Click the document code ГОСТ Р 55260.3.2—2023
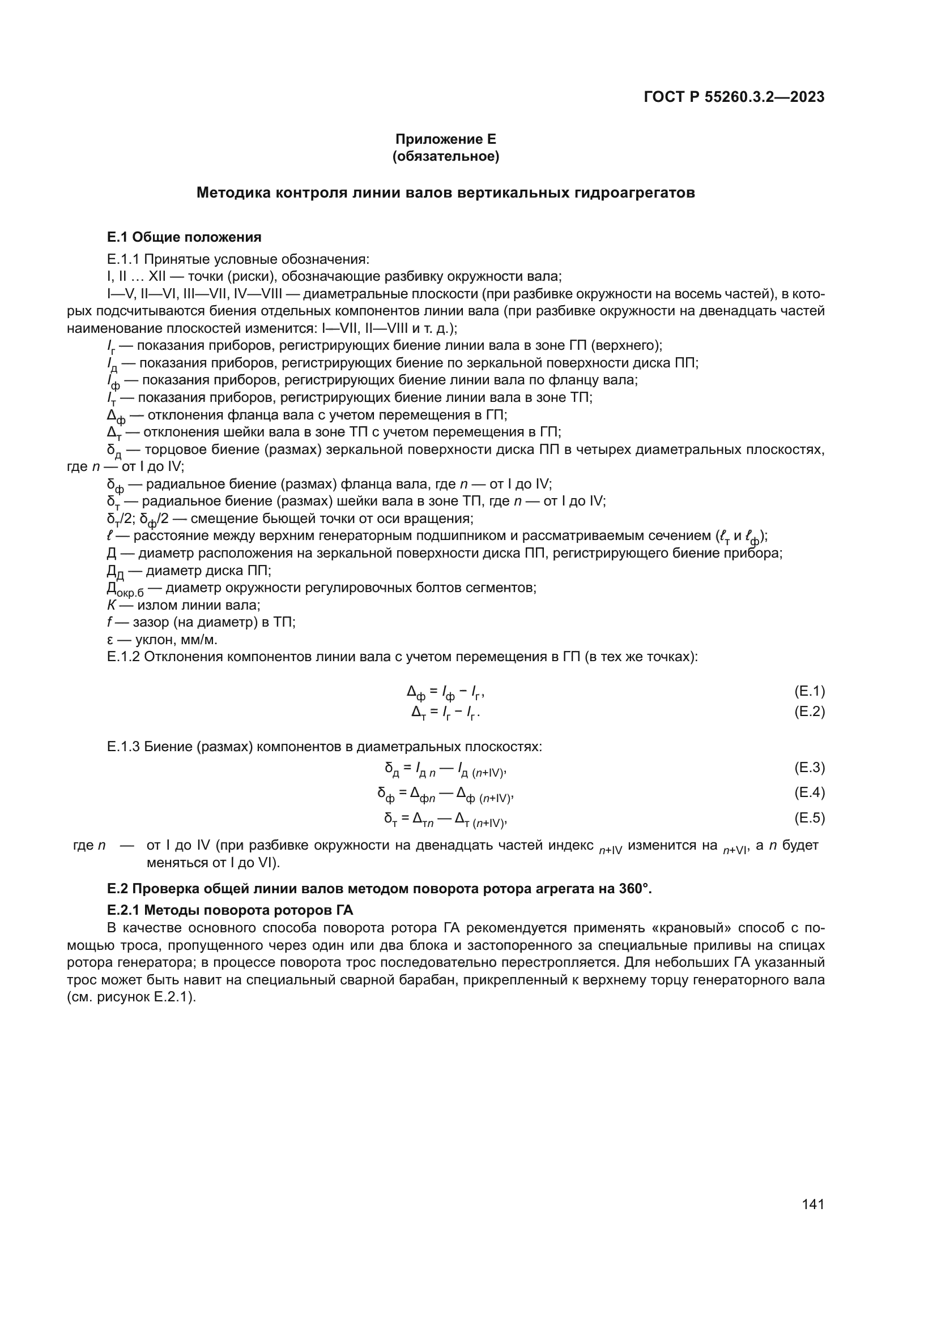click(734, 97)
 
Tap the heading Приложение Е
click(445, 139)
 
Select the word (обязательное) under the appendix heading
click(445, 156)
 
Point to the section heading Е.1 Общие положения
click(184, 237)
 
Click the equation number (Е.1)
click(810, 691)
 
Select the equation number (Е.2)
click(810, 711)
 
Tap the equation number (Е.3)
click(810, 768)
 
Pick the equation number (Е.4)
click(810, 792)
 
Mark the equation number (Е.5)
click(810, 818)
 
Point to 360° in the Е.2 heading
click(633, 889)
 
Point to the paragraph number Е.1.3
click(123, 747)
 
